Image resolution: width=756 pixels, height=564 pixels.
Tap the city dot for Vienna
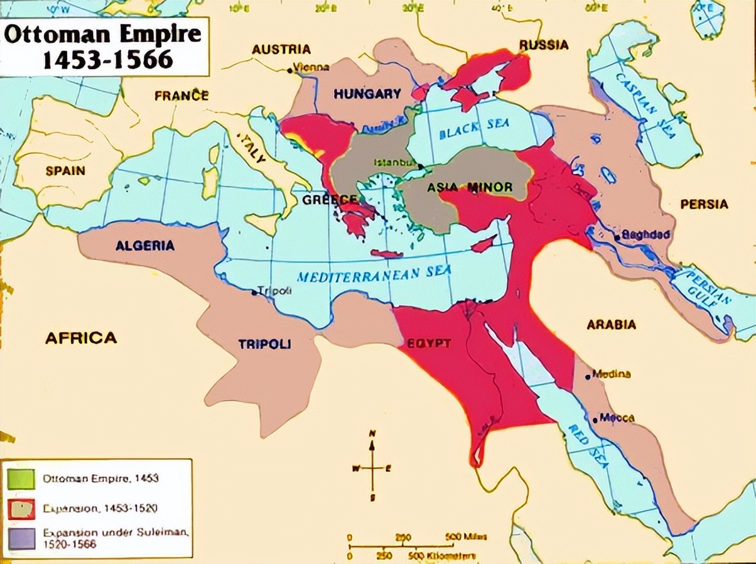click(x=289, y=70)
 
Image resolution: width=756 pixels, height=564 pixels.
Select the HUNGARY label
click(x=367, y=94)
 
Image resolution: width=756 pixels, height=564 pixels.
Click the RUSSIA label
click(x=544, y=45)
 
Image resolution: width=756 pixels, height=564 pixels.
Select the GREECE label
click(x=330, y=200)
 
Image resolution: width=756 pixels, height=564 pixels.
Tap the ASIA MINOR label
click(x=470, y=187)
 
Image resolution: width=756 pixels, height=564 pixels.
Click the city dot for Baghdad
click(x=618, y=237)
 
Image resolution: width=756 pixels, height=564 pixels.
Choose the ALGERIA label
click(x=145, y=246)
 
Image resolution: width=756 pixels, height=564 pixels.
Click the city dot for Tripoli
click(x=254, y=293)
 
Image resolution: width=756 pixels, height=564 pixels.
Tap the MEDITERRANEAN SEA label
click(x=374, y=275)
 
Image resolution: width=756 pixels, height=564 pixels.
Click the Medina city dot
click(x=588, y=377)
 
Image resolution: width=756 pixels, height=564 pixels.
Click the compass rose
click(x=372, y=467)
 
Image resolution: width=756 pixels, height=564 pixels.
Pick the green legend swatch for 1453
click(x=21, y=479)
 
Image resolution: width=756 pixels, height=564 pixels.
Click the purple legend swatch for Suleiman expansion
click(x=21, y=539)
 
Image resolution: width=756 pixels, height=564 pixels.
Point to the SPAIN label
click(x=65, y=170)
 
